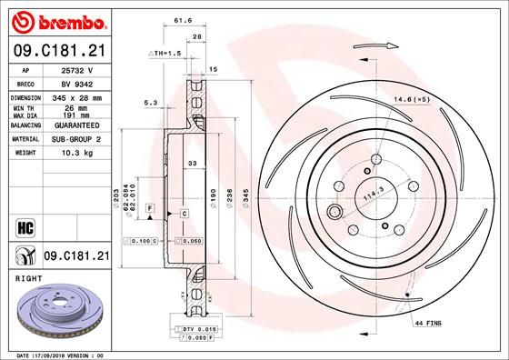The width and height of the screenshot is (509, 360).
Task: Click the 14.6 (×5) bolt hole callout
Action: [x=411, y=99]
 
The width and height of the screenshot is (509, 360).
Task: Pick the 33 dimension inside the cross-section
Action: [x=191, y=164]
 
